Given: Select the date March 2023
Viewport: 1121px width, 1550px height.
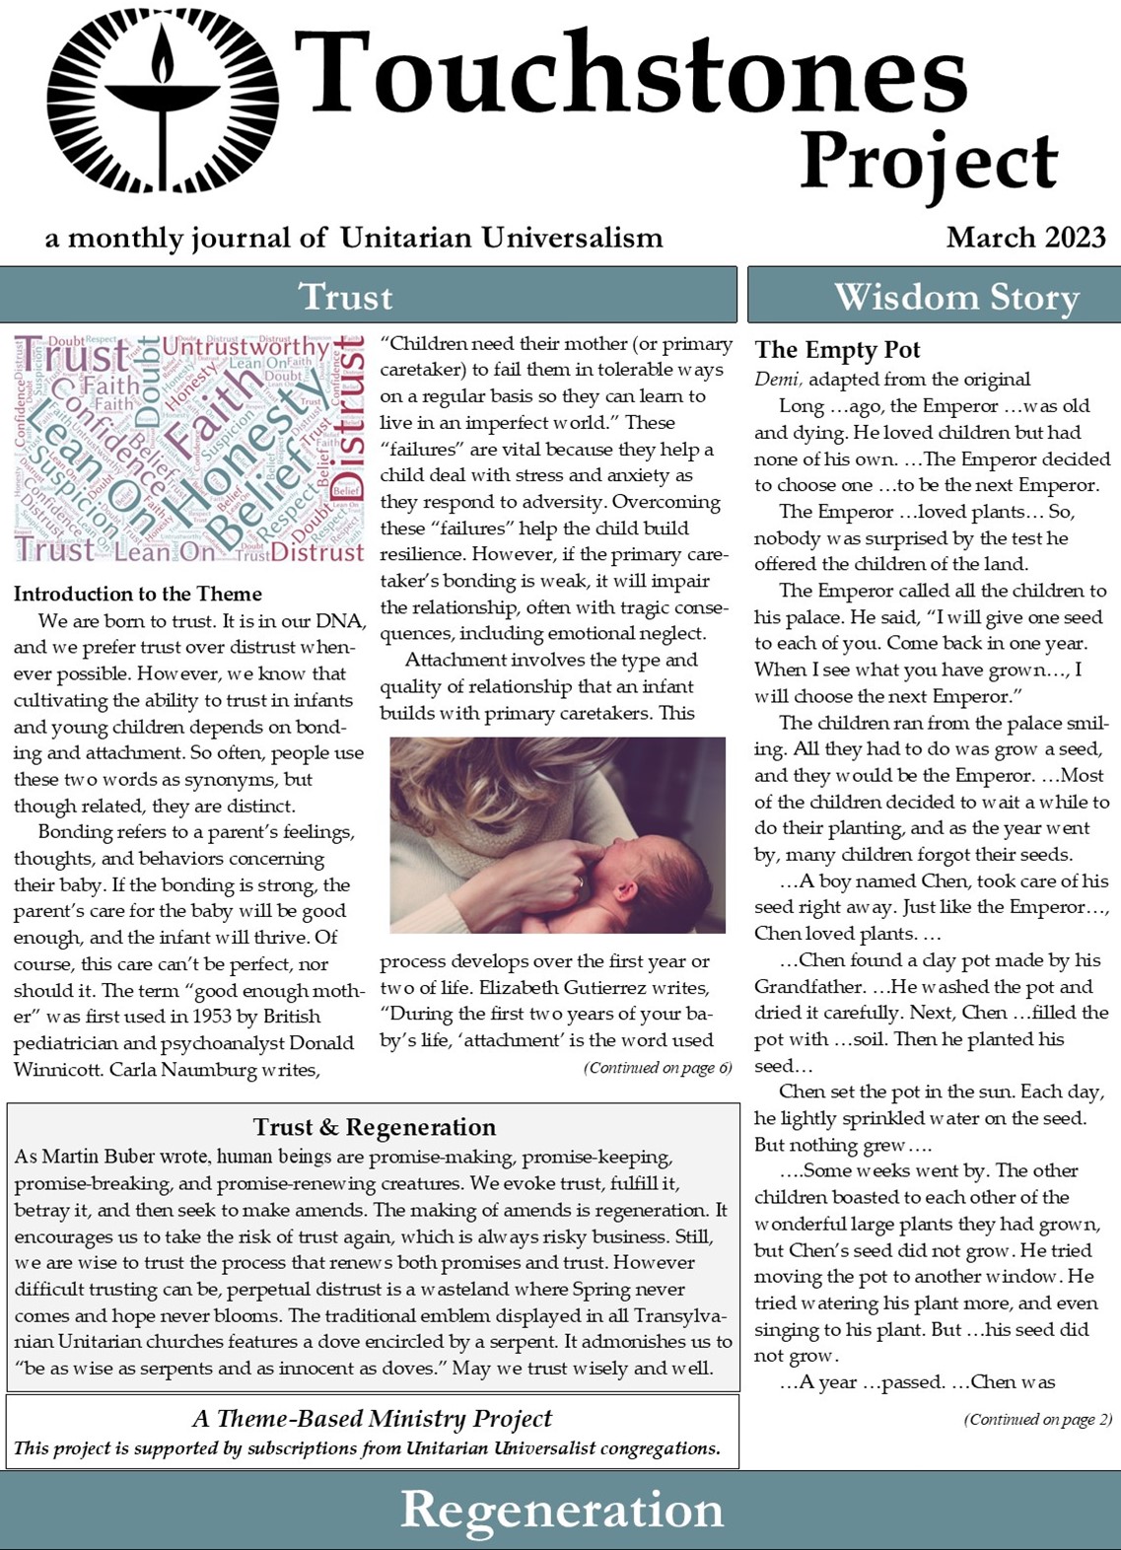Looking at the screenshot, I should click(x=1025, y=238).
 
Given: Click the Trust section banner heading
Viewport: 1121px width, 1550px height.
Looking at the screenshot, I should click(x=345, y=296).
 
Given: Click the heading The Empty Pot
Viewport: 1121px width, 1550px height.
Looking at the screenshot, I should click(x=837, y=350).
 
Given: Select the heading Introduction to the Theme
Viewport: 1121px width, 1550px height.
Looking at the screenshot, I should click(x=138, y=594).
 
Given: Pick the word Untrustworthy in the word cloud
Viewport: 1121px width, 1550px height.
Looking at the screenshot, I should click(x=245, y=347).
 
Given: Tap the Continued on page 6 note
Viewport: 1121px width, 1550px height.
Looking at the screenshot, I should click(x=658, y=1068).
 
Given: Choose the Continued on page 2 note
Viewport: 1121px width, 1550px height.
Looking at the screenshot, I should click(x=1037, y=1420).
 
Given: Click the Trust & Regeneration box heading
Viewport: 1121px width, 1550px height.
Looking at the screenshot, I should click(x=374, y=1127).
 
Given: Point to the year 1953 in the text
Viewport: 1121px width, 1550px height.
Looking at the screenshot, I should click(x=213, y=1017).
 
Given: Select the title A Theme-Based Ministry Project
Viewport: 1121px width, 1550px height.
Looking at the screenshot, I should click(x=372, y=1419).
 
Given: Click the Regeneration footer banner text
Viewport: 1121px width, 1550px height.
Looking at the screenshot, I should click(x=561, y=1510).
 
